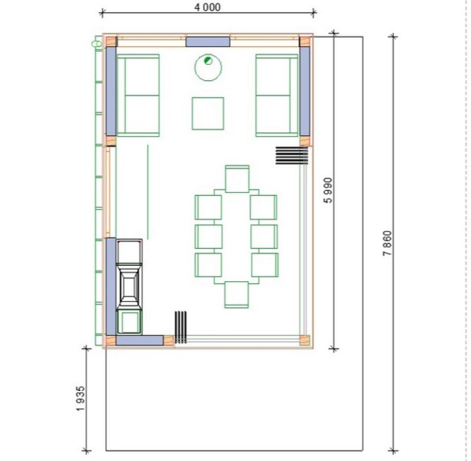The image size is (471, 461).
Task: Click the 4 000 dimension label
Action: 207,7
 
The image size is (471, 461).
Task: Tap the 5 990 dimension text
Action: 328,191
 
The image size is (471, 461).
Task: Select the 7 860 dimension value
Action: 387,243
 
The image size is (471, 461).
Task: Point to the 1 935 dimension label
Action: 80,398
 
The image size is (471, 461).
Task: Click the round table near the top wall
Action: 208,67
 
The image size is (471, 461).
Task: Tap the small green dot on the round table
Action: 208,60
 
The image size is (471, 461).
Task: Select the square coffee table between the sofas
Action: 208,114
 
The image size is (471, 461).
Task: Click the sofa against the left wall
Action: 138,95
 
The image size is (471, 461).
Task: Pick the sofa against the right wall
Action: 276,95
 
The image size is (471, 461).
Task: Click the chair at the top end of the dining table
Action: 237,179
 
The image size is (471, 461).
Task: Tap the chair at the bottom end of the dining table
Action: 237,295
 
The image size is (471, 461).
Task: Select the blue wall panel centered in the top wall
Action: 208,42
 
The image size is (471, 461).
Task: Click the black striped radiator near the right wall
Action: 292,155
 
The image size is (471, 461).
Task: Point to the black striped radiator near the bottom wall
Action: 180,327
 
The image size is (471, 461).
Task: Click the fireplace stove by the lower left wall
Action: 129,287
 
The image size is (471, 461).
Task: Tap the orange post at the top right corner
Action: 304,42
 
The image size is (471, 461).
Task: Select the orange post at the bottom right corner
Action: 304,340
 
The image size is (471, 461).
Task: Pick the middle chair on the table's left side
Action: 209,237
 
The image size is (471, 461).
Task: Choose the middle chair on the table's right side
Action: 265,237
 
